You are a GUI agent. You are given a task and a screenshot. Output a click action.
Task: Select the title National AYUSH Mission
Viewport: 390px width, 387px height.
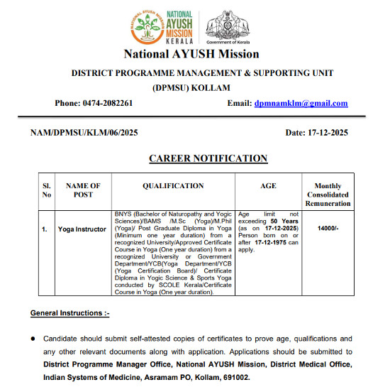click(191, 54)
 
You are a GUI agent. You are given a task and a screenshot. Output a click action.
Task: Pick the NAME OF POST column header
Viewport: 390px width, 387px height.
click(82, 190)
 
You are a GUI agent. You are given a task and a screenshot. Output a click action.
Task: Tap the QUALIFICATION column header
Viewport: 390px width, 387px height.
click(173, 186)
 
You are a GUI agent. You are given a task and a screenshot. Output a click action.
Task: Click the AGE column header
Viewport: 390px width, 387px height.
click(269, 186)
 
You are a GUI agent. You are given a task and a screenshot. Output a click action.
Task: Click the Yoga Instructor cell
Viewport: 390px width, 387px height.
click(82, 229)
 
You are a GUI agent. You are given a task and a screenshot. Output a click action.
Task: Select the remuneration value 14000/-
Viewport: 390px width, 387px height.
click(328, 229)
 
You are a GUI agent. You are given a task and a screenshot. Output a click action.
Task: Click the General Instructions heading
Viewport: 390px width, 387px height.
click(69, 313)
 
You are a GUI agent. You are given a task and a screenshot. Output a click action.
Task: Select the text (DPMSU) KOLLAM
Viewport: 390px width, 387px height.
click(191, 87)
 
